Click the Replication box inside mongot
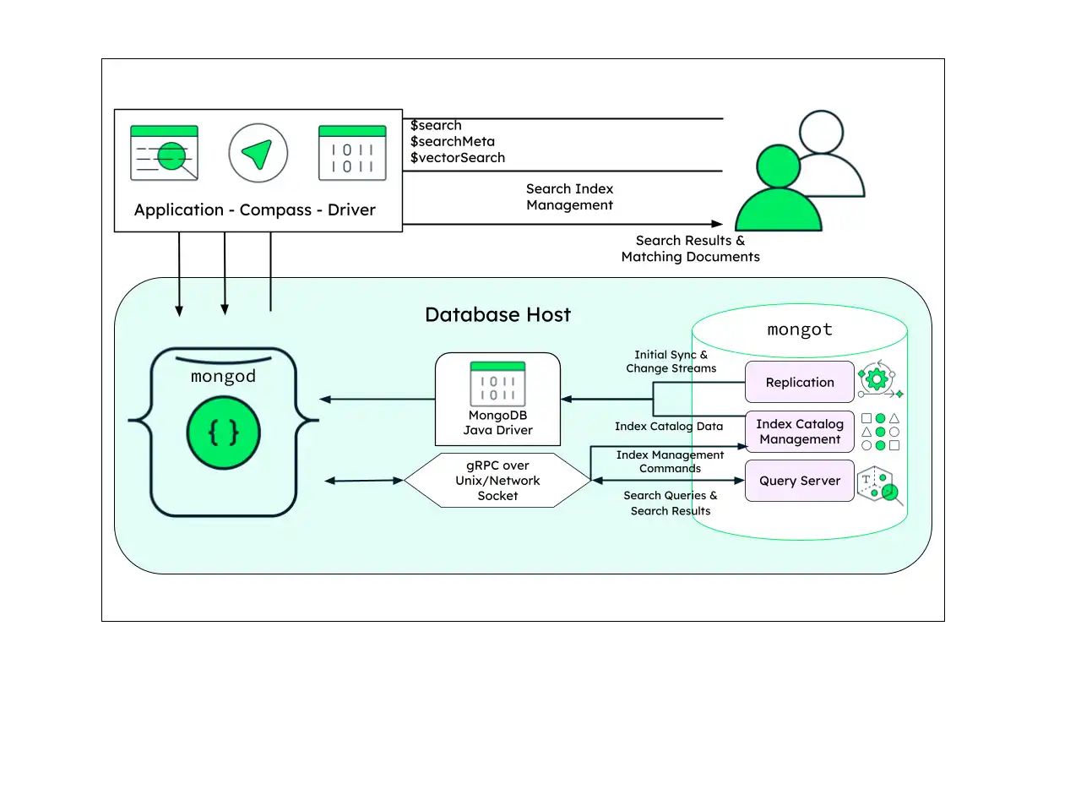pos(799,382)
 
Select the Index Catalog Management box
pos(799,432)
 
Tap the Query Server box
pos(799,481)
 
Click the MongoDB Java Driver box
pos(497,399)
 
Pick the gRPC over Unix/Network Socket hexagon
pos(497,481)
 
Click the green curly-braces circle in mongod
pos(223,433)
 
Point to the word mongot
pos(799,329)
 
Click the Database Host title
pos(497,315)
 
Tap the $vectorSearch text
pos(458,158)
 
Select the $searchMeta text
pos(453,141)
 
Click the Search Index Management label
pos(569,197)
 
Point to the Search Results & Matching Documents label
pos(690,248)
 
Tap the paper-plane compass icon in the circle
pos(258,153)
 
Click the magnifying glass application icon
pos(165,154)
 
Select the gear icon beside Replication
pos(877,379)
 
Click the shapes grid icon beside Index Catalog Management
pos(880,432)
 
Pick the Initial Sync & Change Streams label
pos(671,362)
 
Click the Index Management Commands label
pos(670,461)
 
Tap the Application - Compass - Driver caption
pos(255,210)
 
